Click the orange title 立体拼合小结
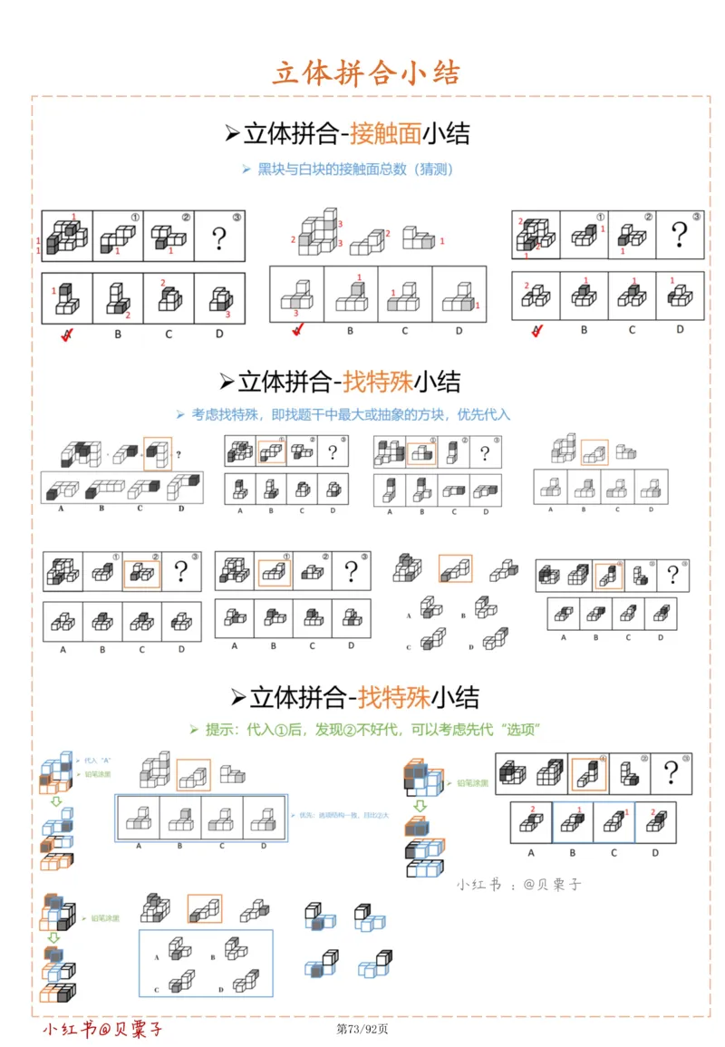(366, 73)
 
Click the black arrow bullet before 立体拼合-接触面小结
(231, 135)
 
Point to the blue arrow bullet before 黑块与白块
(246, 170)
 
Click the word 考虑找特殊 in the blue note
(224, 414)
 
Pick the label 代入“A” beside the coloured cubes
(96, 760)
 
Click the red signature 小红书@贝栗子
(102, 1030)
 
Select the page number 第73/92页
(362, 1029)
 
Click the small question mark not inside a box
(178, 455)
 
